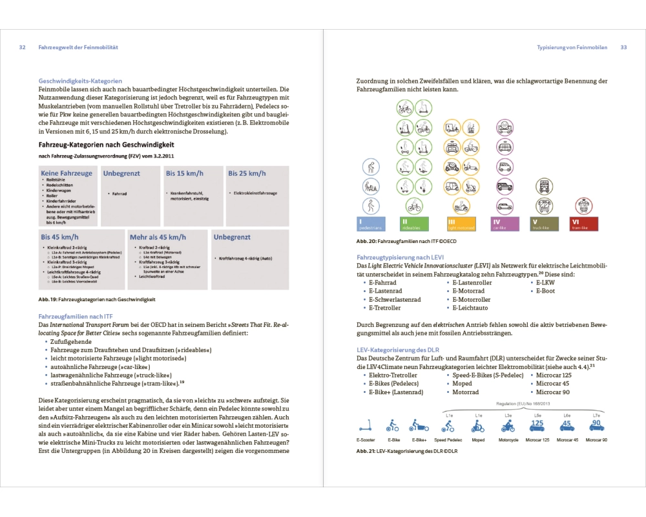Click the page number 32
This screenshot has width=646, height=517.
pyautogui.click(x=22, y=47)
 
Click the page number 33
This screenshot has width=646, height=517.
pyautogui.click(x=623, y=47)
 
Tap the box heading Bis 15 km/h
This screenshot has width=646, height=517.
pyautogui.click(x=184, y=173)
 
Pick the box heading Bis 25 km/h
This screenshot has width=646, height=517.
pyautogui.click(x=246, y=173)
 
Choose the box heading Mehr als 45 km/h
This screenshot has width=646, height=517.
pyautogui.click(x=158, y=237)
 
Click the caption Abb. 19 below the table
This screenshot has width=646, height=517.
pyautogui.click(x=97, y=299)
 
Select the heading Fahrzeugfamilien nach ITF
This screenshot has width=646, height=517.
pyautogui.click(x=76, y=315)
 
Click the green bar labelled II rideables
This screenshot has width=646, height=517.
pyautogui.click(x=417, y=224)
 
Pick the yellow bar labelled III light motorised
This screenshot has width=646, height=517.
pyautogui.click(x=461, y=224)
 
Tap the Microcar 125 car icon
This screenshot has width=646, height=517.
pyautogui.click(x=537, y=425)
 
